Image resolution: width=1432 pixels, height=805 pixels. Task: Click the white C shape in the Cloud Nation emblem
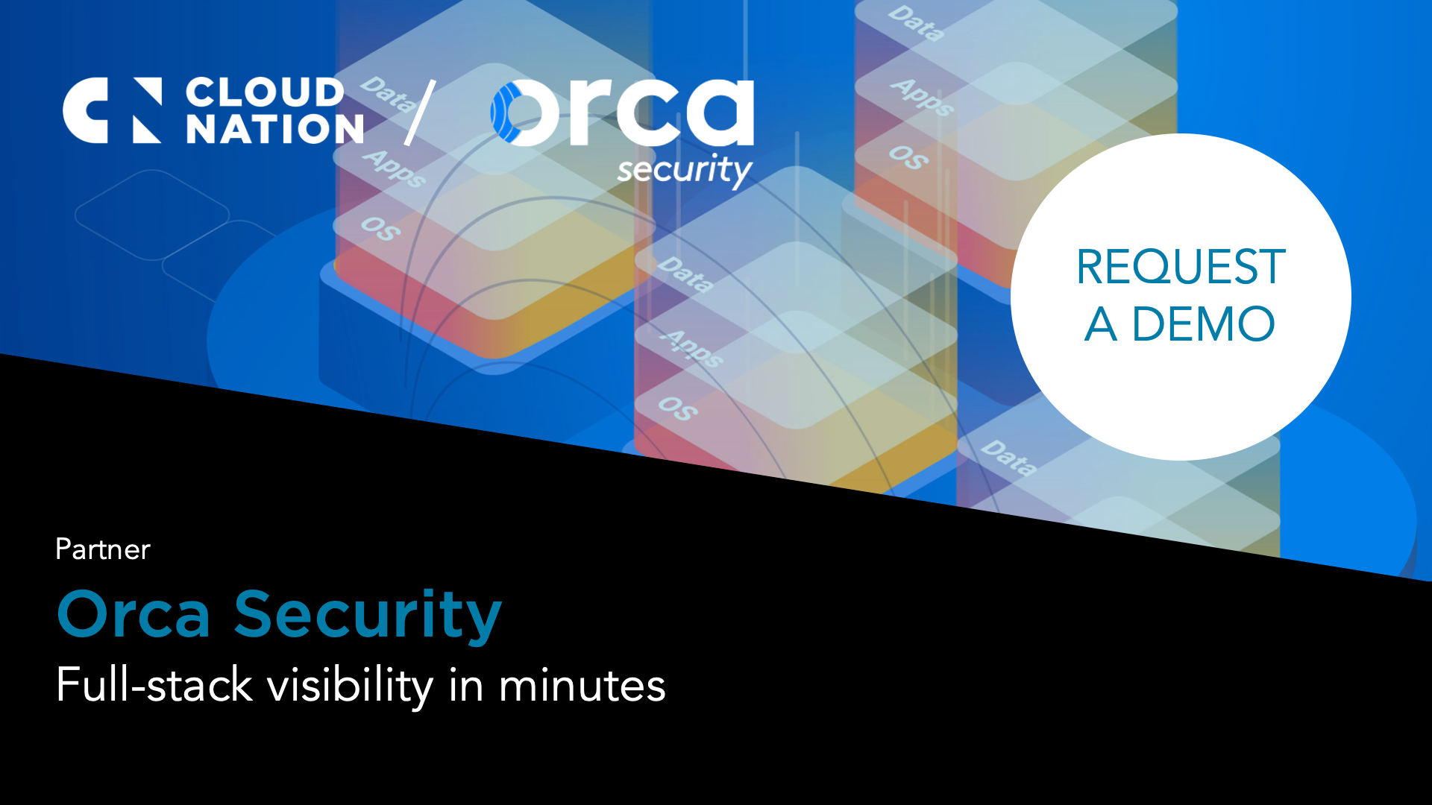pos(84,110)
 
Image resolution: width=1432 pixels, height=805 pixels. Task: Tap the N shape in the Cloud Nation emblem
pos(147,110)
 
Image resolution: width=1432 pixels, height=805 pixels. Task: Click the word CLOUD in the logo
pos(265,92)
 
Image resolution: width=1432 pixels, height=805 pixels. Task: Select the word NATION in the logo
pos(274,130)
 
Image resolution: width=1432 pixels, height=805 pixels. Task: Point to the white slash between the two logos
pos(420,113)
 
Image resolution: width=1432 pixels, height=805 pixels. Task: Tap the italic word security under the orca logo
pos(685,170)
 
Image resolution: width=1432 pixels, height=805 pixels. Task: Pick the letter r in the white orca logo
pos(589,112)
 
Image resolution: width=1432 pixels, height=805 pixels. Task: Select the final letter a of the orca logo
pos(718,113)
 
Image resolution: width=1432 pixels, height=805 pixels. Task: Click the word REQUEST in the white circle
pos(1181,267)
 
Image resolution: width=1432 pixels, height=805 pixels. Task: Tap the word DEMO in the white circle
pos(1203,324)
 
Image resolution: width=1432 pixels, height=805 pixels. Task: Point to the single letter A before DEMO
pos(1101,324)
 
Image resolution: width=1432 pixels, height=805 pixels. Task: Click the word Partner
pos(103,549)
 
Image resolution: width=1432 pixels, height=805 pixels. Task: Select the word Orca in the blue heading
pos(134,615)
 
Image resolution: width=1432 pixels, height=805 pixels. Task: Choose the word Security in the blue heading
pos(368,615)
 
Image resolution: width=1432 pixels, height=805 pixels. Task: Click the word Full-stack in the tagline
pos(154,685)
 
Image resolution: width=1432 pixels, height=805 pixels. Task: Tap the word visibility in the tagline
pos(350,685)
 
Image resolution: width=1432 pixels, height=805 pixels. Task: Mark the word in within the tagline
pos(466,685)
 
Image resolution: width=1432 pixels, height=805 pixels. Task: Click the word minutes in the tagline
pos(582,685)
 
